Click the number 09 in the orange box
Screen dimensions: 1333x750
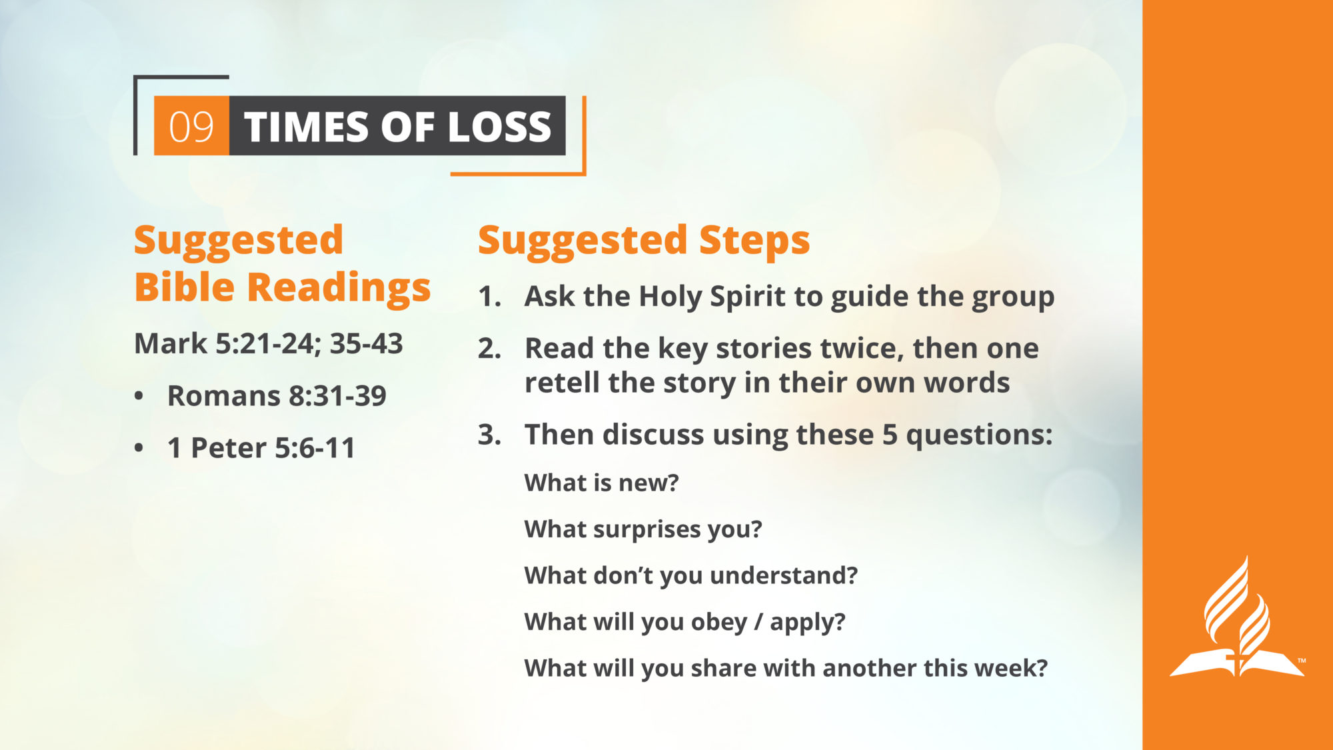click(x=191, y=127)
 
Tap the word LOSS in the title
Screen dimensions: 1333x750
click(x=500, y=127)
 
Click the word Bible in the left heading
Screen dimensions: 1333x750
click(x=185, y=287)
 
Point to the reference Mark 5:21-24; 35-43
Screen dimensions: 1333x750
click(x=269, y=344)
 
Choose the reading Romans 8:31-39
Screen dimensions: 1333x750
click(x=277, y=396)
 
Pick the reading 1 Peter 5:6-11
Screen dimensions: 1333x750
click(x=261, y=448)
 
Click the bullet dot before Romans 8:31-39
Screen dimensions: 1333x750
click(x=139, y=396)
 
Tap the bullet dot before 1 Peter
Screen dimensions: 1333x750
click(x=139, y=448)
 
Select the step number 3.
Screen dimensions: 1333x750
click(x=489, y=435)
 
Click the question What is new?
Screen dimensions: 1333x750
click(x=601, y=483)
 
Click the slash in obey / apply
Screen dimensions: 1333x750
click(x=758, y=622)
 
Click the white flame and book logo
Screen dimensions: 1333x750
click(x=1237, y=617)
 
